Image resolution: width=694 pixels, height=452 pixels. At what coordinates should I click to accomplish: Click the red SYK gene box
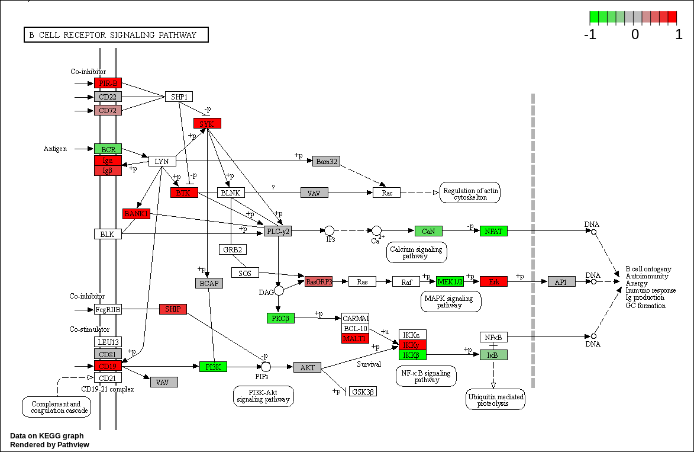coord(207,123)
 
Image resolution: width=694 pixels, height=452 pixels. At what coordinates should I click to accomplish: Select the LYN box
coord(162,161)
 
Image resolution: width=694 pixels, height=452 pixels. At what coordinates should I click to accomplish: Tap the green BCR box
coord(108,149)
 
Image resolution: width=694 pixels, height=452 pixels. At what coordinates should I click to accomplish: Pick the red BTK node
coord(184,193)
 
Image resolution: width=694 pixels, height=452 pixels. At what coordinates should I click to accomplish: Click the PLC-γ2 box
coord(277,231)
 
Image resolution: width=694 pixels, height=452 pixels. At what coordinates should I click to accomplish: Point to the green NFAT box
coord(493,231)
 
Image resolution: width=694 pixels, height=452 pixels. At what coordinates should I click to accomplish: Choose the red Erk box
coord(493,281)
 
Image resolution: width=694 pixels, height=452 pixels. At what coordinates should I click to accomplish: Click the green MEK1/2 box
coord(450,281)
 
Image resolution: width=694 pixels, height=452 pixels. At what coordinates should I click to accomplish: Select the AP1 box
coord(561,281)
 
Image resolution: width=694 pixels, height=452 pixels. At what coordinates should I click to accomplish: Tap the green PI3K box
coord(213,367)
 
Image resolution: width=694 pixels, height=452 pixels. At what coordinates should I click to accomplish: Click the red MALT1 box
coord(355,338)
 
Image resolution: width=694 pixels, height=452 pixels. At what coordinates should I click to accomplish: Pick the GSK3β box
coord(363,392)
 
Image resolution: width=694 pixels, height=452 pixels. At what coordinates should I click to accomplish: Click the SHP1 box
coord(179,97)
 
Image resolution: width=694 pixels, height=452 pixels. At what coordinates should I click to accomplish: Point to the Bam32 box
coord(326,161)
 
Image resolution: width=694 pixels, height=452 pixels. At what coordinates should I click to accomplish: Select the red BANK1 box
coord(136,213)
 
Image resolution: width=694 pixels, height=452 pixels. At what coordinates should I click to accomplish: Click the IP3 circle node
coord(330,231)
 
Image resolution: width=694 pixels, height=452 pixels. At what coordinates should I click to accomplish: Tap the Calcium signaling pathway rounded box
coord(417,253)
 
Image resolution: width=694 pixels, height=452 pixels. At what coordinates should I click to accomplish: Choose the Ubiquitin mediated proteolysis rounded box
coord(495,399)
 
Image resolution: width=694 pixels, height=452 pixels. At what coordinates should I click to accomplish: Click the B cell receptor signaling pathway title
coord(116,35)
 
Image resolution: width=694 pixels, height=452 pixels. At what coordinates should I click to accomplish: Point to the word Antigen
coord(55,149)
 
